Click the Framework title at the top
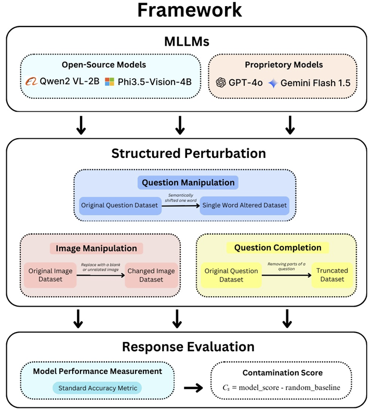click(x=189, y=11)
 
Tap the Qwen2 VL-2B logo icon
click(x=32, y=82)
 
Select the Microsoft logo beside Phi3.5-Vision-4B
click(x=109, y=82)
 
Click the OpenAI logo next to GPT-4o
click(x=221, y=82)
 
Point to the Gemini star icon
click(x=273, y=82)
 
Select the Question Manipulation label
click(x=188, y=183)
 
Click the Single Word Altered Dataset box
click(x=245, y=205)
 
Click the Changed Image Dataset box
click(x=151, y=275)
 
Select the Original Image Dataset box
click(x=50, y=275)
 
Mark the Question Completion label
click(x=278, y=248)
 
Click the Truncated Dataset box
click(x=332, y=275)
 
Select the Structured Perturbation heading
click(x=188, y=154)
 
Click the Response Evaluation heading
click(x=188, y=347)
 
